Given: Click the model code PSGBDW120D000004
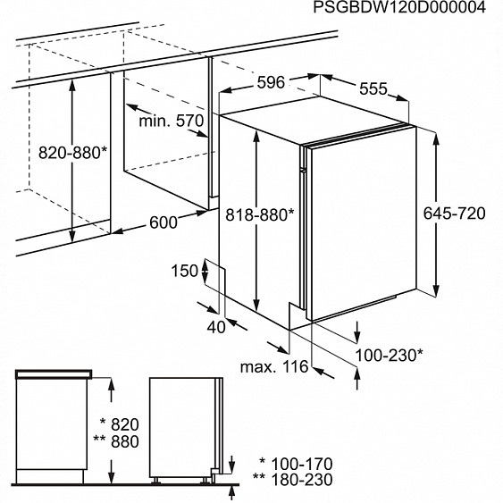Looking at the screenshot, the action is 399,7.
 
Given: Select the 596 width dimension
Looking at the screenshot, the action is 271,83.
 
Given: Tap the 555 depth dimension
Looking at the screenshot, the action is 373,88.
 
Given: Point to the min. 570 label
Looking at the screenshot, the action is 172,122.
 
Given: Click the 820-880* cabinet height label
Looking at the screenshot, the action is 72,153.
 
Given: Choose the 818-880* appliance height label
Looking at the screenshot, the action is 260,214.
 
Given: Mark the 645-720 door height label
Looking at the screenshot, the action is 454,214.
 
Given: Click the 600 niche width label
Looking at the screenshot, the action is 163,222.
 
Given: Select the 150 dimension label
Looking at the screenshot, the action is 184,271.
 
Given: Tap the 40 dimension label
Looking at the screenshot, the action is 216,327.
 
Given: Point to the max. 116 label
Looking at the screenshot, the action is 274,366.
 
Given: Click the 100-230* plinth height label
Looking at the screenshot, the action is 390,356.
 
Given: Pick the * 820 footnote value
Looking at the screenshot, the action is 120,424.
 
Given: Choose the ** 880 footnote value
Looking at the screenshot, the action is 116,441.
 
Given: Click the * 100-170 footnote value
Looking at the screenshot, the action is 296,465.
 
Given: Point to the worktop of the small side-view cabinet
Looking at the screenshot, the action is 54,374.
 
